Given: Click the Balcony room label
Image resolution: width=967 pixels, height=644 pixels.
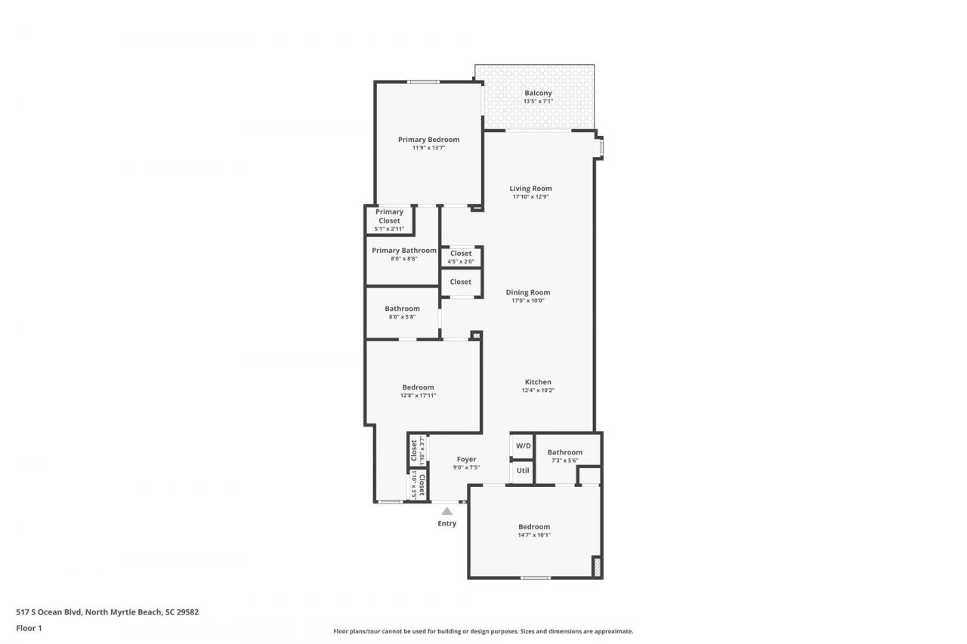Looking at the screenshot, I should [538, 93].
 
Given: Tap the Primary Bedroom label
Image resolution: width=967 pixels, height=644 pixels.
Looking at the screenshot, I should [428, 140].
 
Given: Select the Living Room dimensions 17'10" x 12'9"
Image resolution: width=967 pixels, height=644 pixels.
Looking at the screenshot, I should [530, 197].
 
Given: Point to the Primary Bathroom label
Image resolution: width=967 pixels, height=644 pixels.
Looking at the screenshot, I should [403, 251].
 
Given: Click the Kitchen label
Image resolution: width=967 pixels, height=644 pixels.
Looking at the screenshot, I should [538, 382].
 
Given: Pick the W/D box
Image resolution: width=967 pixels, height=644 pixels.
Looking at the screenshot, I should [523, 446].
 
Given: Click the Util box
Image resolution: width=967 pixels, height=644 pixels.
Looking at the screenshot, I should [523, 470].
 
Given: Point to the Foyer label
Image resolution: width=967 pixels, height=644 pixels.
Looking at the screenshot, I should [466, 459].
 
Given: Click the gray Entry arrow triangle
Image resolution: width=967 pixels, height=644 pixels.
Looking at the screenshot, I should [446, 511].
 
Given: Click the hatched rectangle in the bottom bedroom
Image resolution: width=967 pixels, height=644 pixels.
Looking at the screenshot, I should [596, 567].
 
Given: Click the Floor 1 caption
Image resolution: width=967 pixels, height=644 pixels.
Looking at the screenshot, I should [29, 627].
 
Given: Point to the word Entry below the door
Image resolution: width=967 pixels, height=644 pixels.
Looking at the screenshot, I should [446, 523].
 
